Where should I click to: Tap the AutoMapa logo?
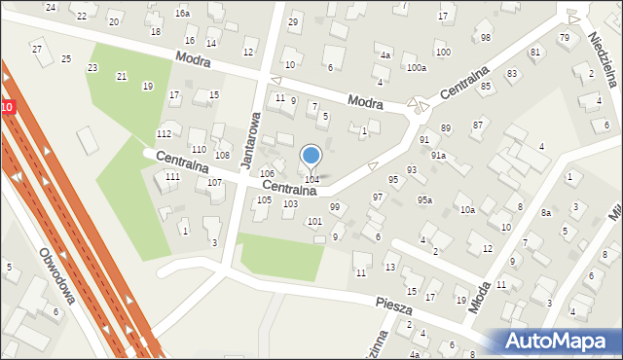(555, 340)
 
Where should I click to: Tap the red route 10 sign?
(7, 105)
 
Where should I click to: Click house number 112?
(165, 133)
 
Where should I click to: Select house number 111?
(172, 177)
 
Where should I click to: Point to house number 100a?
(417, 68)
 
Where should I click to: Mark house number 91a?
(438, 156)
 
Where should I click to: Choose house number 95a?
(424, 200)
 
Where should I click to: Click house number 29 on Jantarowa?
(293, 21)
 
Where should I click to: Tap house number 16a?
(182, 14)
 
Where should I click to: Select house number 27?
(37, 49)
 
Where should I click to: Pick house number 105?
(264, 200)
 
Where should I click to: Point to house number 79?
(565, 37)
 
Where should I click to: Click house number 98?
(485, 37)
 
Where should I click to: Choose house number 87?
(478, 125)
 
